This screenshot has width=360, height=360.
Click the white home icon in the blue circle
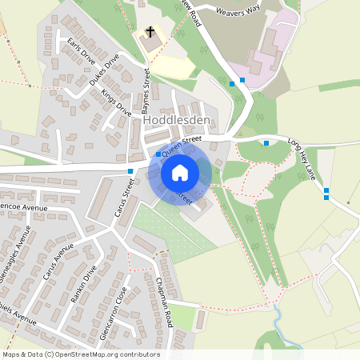[x=180, y=172]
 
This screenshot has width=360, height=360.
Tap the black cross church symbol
[x=149, y=33]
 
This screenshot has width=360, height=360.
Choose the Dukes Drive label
[x=104, y=70]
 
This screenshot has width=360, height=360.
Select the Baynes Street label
[x=146, y=91]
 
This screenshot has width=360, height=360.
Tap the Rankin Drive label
[x=83, y=284]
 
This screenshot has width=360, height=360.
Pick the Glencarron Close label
[x=113, y=313]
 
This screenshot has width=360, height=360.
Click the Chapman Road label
[x=165, y=297]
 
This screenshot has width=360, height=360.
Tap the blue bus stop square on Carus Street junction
[x=130, y=170]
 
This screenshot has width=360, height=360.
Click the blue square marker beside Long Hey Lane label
[x=266, y=143]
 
